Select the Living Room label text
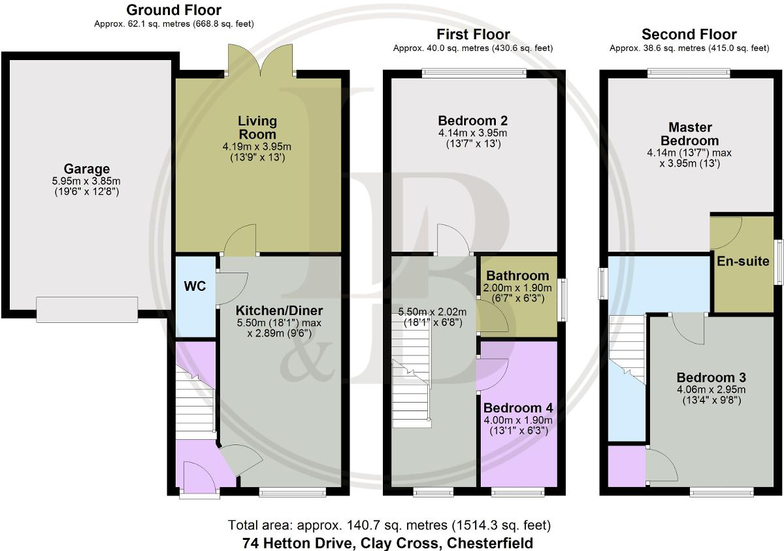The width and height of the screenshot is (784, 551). coord(257,127)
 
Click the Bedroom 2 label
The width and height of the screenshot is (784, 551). coord(472,121)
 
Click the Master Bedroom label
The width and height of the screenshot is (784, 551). coord(689,134)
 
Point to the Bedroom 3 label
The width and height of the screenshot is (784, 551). coord(711,378)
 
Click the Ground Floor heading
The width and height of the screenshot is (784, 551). coord(173,10)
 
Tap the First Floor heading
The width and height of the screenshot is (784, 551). coord(473,35)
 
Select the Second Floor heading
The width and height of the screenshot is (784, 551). coord(689,35)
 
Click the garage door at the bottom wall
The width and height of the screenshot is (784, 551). coord(87,309)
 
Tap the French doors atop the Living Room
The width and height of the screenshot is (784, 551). coord(261,60)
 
